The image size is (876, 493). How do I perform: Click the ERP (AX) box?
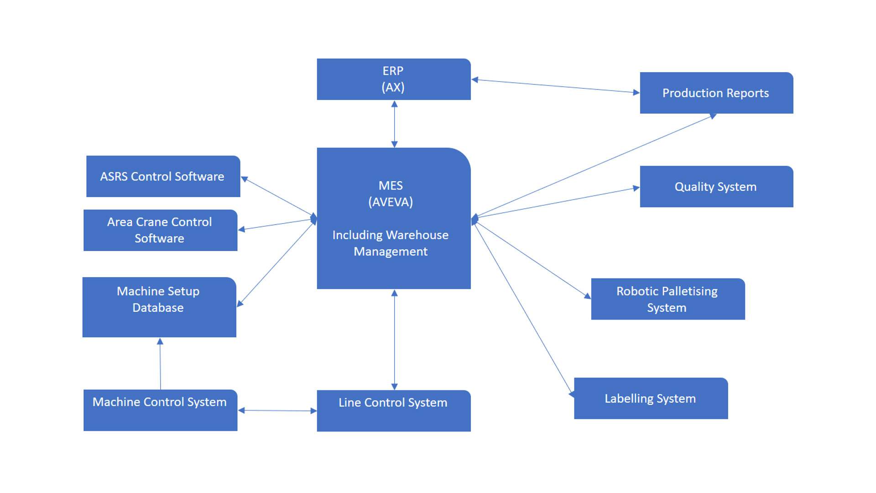[393, 79]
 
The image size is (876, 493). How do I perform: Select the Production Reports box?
[716, 93]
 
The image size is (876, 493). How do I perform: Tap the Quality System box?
[716, 187]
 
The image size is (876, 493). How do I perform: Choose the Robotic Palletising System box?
[667, 299]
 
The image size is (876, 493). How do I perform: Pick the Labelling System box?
[651, 399]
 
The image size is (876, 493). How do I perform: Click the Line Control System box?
[393, 410]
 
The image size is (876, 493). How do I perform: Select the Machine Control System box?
[160, 410]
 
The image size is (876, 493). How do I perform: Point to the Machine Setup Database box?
[159, 307]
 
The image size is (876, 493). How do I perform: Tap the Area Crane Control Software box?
[160, 230]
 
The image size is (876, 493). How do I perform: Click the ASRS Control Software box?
[163, 177]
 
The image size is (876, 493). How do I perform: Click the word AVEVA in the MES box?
[391, 202]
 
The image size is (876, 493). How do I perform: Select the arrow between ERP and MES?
[395, 124]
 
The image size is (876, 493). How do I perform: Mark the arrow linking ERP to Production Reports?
[555, 86]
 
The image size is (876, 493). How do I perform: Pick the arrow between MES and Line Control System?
[395, 340]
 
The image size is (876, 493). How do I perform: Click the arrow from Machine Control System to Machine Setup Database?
[160, 364]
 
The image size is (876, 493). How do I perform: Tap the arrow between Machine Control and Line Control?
[277, 411]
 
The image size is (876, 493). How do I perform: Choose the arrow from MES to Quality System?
[557, 202]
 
